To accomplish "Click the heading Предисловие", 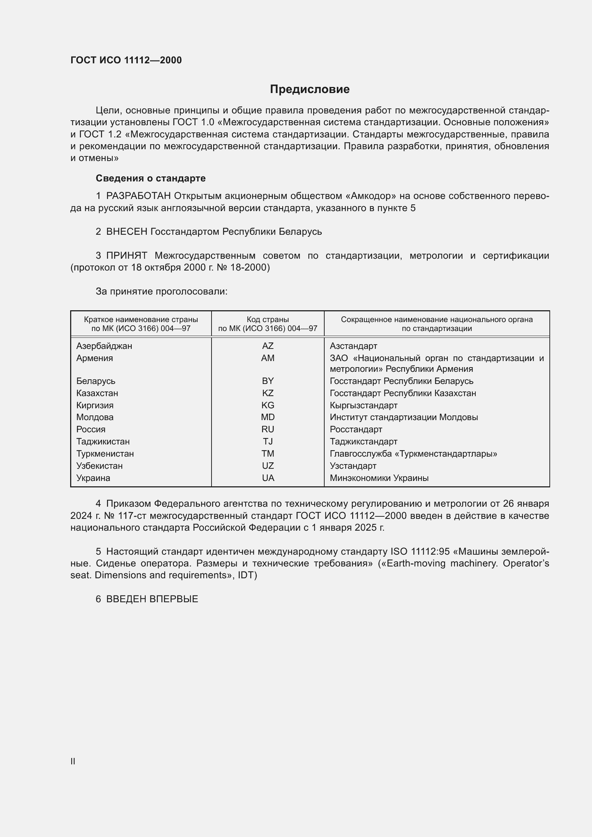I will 310,89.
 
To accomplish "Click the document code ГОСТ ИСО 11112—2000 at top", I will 126,60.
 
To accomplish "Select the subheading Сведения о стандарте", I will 151,178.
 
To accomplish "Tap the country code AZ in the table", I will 268,346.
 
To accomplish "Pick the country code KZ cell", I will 268,393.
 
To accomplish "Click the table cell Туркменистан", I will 105,453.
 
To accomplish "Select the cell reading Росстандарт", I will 356,429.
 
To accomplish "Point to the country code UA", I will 268,478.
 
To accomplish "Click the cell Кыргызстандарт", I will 363,405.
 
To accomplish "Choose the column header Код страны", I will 268,320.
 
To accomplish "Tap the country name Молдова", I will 95,417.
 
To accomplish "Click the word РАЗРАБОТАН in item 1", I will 139,196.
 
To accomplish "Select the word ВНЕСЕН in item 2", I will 127,232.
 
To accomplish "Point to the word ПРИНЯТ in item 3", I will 127,256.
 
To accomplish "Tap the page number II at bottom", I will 73,761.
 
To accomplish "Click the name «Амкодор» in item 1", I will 371,196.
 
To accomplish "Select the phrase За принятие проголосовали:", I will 161,291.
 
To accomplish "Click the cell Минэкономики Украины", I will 379,478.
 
